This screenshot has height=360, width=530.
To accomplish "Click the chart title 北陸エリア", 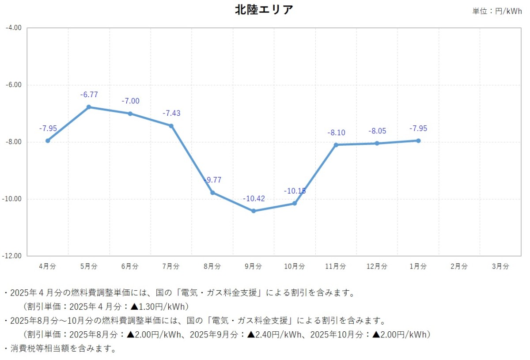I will [264, 10].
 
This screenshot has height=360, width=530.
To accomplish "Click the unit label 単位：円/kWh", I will [497, 11].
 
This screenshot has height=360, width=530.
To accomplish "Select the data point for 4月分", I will [48, 140].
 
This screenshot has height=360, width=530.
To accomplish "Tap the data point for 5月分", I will [89, 107].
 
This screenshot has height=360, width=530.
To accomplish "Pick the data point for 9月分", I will [254, 211].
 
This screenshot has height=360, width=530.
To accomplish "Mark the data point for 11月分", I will [336, 145].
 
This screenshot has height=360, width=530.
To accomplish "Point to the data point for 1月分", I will [418, 140].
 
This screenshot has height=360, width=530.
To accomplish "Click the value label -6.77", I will [89, 95].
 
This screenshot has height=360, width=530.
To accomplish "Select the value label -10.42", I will [254, 199].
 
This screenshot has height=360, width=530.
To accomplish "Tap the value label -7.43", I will [171, 114].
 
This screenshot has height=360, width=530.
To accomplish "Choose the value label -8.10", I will [336, 133].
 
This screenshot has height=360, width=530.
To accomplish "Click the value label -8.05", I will [377, 131].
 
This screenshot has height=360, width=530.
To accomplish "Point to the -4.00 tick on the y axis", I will [14, 28].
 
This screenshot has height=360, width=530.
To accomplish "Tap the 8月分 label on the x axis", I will [212, 266].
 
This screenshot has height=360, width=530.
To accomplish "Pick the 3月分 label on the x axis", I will [500, 266].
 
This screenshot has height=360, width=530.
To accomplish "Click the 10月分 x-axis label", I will [295, 266].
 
